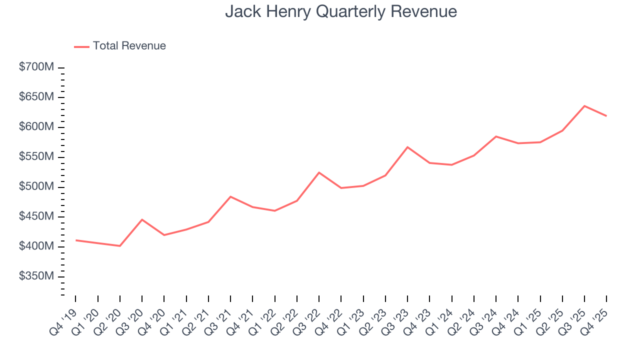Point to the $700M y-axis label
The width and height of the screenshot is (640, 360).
point(36,67)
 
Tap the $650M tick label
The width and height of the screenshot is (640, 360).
point(36,97)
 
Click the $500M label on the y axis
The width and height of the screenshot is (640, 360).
point(36,187)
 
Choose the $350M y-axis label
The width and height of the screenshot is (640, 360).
point(36,276)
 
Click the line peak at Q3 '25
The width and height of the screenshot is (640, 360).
point(584,106)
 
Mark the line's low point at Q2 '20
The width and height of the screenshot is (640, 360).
point(120,246)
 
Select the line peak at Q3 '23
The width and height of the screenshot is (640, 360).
point(407,147)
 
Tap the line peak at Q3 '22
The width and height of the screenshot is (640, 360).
point(319,172)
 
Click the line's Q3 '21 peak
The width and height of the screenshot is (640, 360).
point(230,196)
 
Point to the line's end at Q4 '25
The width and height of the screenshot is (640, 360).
point(606,116)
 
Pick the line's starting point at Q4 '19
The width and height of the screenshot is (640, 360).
point(76,240)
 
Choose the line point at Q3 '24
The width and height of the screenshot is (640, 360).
point(496,136)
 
